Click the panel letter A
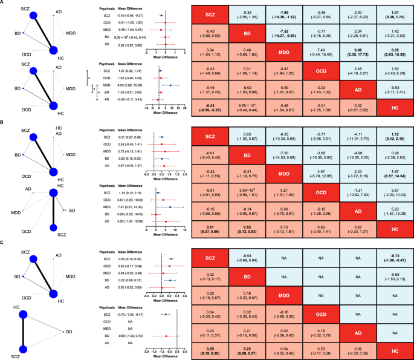(x=4, y=4)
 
